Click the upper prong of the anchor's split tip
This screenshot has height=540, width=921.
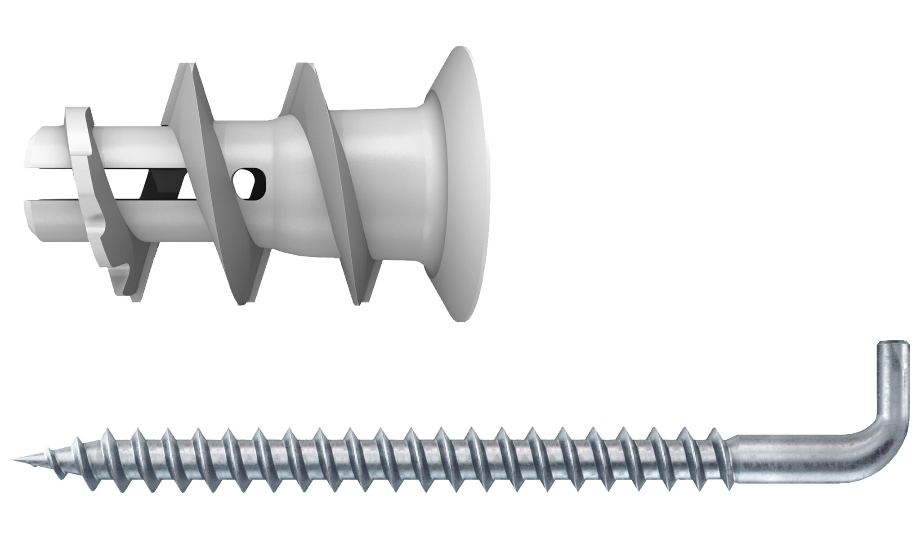[x=49, y=148]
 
